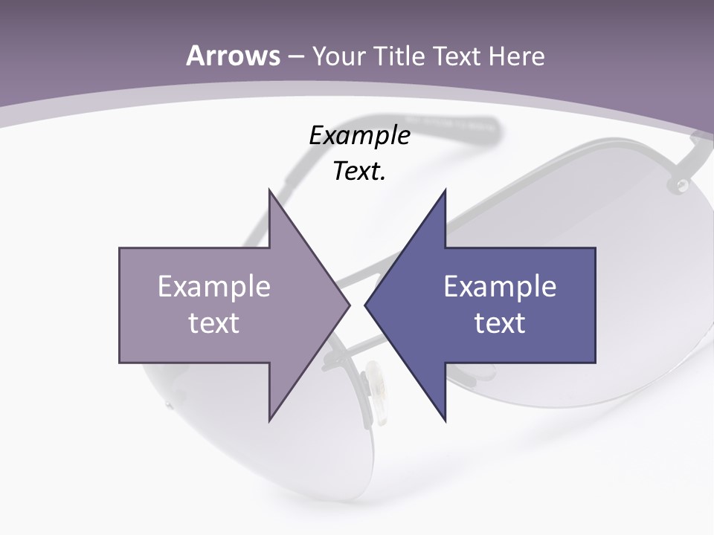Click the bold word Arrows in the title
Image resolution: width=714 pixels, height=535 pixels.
tap(233, 56)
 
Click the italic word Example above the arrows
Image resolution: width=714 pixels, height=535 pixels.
tap(359, 136)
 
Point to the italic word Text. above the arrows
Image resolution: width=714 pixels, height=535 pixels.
tap(359, 172)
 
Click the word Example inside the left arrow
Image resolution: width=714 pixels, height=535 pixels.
tap(214, 287)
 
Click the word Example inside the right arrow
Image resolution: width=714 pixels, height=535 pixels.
tap(500, 287)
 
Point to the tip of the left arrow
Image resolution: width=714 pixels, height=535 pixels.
tap(349, 305)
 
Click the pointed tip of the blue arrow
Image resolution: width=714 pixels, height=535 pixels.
tap(366, 305)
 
